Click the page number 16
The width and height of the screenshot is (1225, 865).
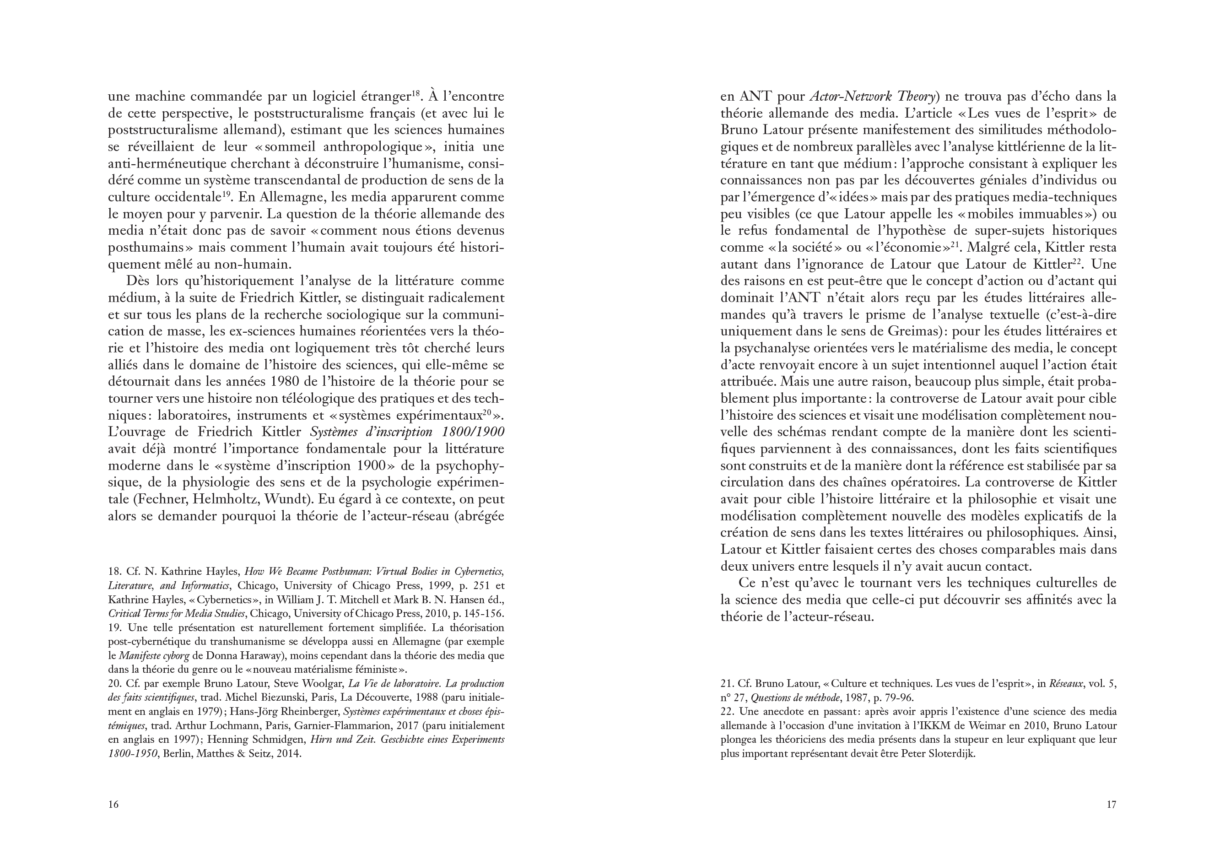coord(113,804)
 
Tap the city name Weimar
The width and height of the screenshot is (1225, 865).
coord(970,726)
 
